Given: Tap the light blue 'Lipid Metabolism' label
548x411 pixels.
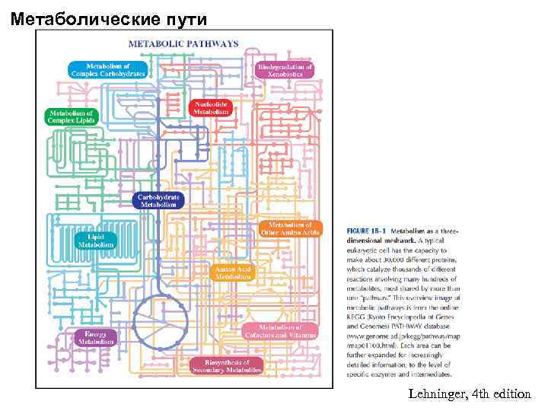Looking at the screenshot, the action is [97, 241].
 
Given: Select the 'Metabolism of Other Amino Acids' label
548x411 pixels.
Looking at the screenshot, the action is [290, 228].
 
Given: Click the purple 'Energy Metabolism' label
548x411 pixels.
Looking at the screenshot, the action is [96, 337].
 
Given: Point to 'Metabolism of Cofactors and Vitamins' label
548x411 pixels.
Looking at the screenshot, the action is [281, 331].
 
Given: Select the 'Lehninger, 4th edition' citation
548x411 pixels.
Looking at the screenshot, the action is [469, 393].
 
